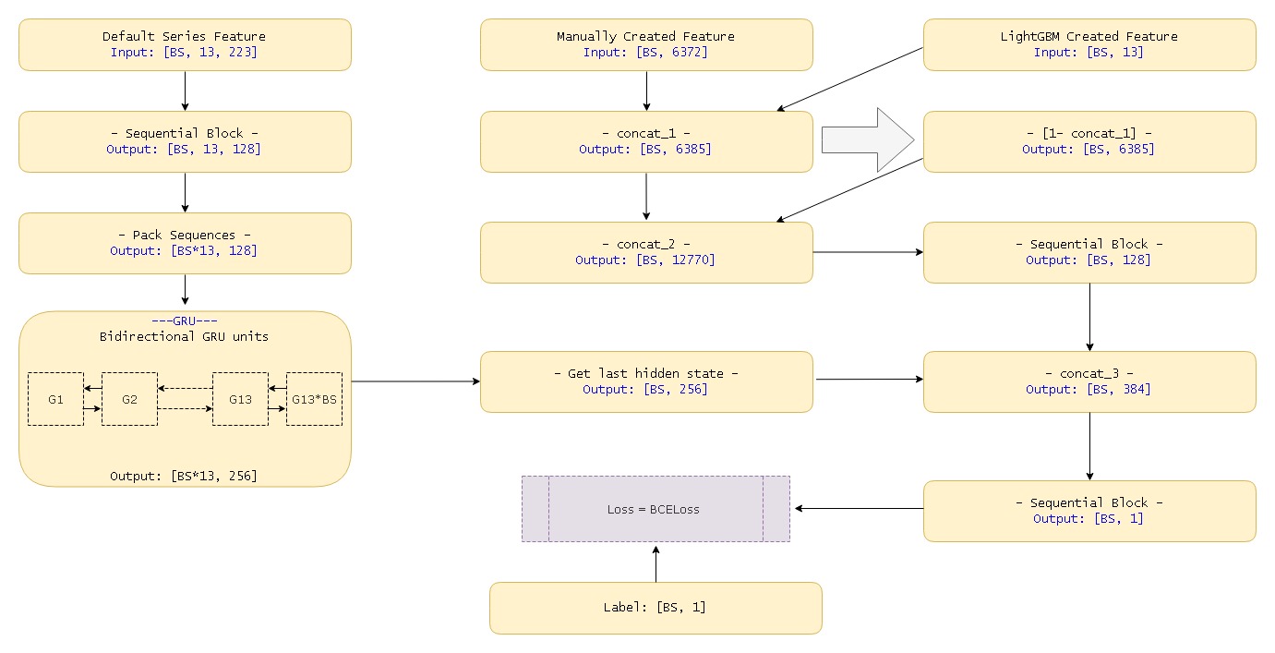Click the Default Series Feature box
coord(185,44)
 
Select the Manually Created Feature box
coord(646,44)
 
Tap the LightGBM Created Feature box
coord(1089,44)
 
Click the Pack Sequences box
coord(185,243)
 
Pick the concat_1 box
coord(646,141)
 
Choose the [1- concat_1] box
coord(1089,141)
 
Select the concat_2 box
coord(646,252)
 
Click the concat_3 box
coord(1089,381)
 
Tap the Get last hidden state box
coord(646,381)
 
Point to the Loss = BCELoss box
coord(656,509)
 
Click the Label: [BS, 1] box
coord(656,608)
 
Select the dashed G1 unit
coord(55,399)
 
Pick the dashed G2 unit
coord(129,399)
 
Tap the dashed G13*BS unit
coord(314,399)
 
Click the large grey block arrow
coord(866,139)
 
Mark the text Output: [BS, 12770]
coord(645,260)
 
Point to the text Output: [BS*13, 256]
coord(184,476)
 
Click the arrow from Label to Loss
coord(656,562)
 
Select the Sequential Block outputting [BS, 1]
coord(1089,511)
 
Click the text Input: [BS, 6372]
coord(645,53)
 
